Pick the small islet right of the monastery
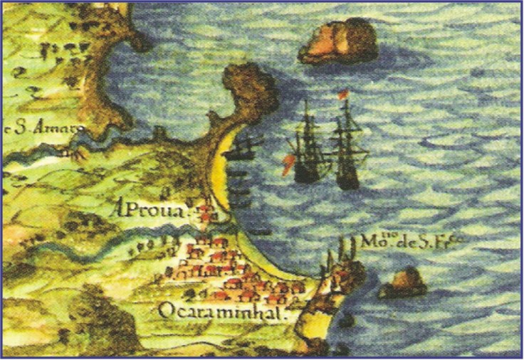[x=404, y=282]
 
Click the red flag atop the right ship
[x=343, y=95]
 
